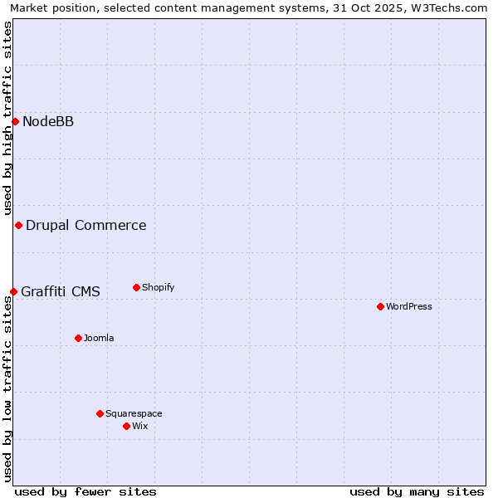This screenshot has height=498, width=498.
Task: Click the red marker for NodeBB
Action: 15,122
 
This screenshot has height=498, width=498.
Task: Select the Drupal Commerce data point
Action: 18,226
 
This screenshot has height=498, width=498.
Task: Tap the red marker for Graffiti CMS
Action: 13,291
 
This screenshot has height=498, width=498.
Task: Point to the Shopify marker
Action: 136,288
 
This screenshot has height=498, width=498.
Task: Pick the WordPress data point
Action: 380,307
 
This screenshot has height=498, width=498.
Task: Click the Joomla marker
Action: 78,339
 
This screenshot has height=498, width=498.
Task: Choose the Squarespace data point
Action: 100,413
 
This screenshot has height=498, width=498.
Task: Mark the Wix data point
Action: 126,427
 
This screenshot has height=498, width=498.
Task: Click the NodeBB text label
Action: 48,122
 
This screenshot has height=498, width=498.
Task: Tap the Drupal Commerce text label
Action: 86,226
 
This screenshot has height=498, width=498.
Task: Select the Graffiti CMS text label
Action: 61,291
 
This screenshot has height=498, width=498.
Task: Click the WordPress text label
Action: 409,307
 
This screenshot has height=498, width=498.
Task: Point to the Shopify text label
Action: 159,288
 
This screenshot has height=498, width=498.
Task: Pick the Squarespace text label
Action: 134,413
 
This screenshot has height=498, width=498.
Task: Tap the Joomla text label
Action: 99,339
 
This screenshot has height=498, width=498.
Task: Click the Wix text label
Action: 140,427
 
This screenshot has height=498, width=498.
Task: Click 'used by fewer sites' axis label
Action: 85,492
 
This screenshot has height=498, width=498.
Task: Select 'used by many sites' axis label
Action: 417,492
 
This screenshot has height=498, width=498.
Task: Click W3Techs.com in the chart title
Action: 452,7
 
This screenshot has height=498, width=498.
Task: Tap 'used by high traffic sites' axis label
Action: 7,118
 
